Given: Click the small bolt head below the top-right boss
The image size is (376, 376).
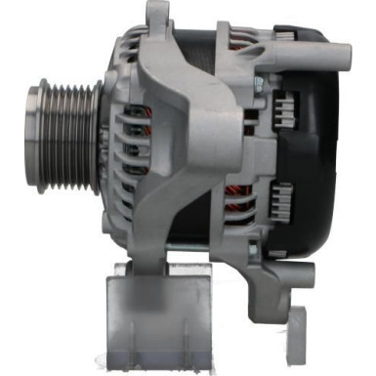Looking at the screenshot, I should [260, 86].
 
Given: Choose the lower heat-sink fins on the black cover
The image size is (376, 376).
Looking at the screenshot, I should [280, 200].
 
